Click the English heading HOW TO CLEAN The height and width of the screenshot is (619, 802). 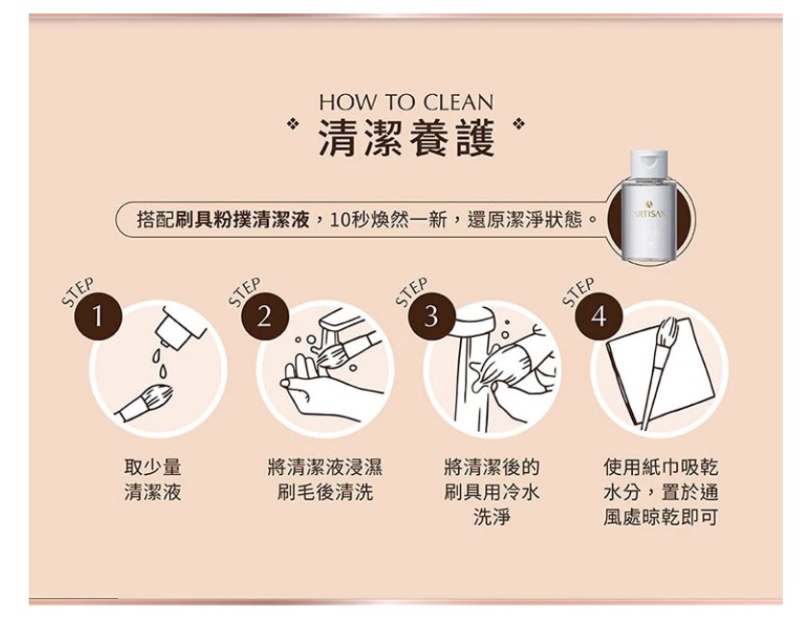pos(406,103)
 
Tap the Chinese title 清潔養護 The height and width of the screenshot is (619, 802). pos(406,138)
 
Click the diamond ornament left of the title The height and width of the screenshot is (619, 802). pos(293,124)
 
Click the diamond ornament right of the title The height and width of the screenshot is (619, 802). pos(520,124)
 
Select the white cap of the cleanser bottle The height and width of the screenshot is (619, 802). pos(649,162)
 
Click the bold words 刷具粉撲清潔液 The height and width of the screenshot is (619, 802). pos(242,220)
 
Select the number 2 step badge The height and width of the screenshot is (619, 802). pos(264,317)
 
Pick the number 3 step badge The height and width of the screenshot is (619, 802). pos(431,317)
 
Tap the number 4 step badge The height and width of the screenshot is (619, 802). pos(598,317)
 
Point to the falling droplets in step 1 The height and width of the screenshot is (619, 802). pos(159,362)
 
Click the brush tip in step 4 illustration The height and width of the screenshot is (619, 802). pos(668,330)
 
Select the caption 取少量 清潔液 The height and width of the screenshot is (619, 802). pos(153,480)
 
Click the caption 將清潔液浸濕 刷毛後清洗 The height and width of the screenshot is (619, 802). pos(325,480)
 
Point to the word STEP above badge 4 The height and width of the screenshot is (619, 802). pos(578,292)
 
